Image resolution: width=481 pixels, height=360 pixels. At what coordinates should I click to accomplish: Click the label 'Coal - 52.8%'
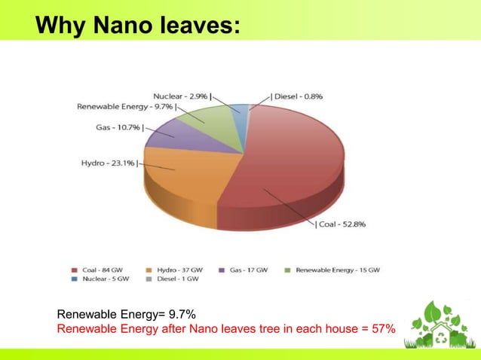[x=340, y=224]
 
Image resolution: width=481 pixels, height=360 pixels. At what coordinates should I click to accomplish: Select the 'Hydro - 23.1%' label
[x=109, y=163]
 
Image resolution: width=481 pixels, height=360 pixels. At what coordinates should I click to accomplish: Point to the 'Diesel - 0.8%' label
[x=298, y=96]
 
